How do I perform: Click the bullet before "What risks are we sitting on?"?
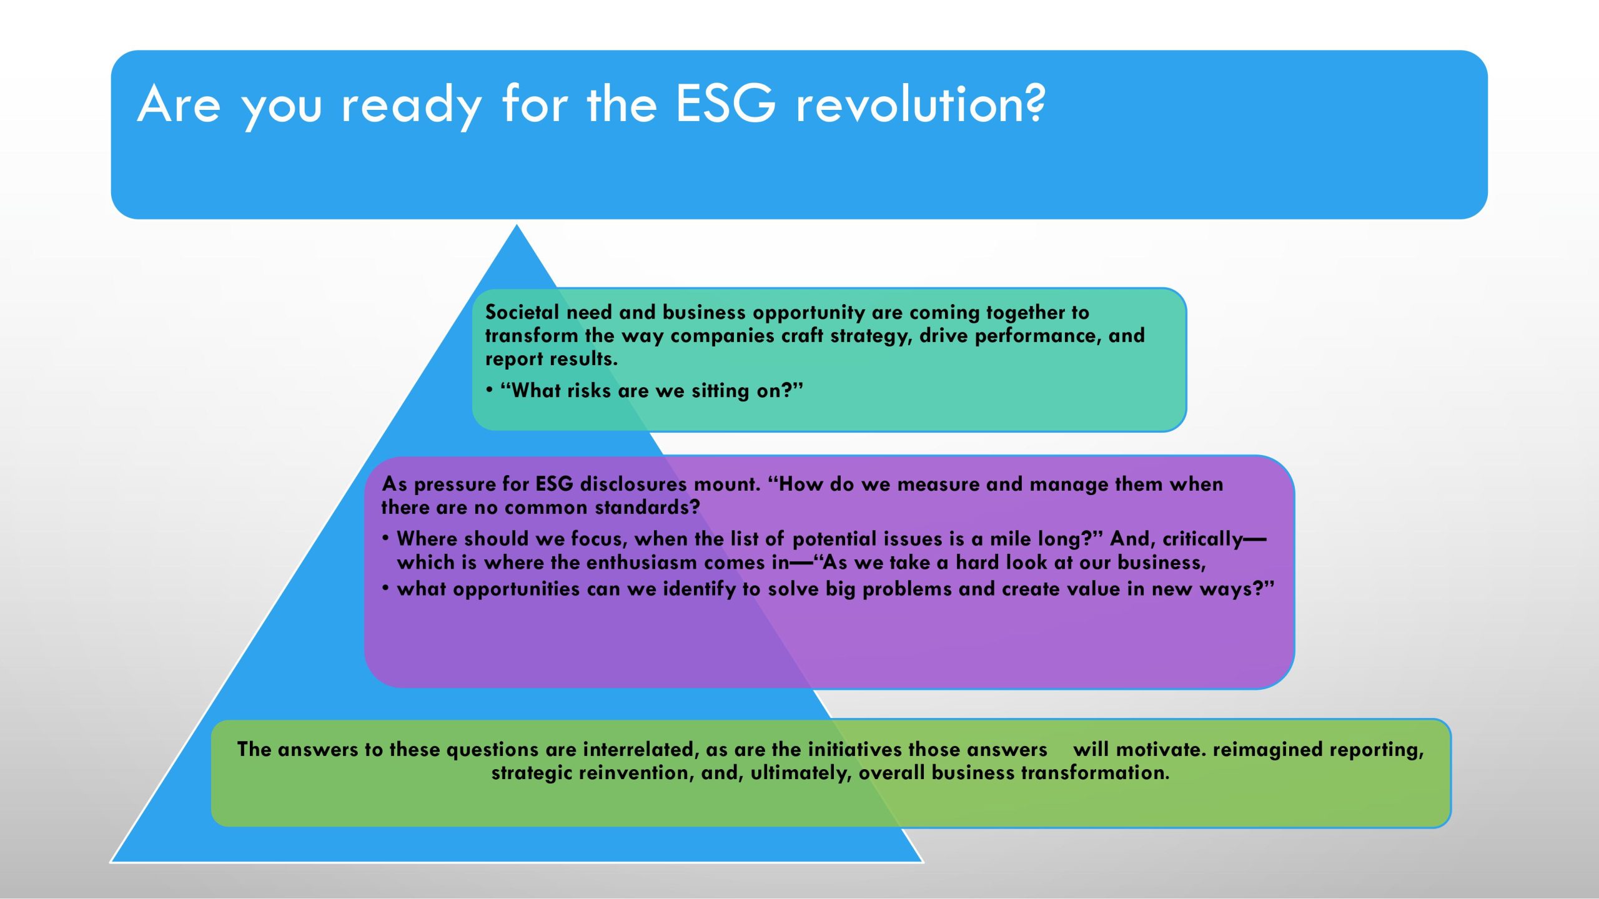490,390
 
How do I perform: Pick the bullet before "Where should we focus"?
386,538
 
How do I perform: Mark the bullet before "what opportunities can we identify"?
386,588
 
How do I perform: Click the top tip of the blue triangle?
517,225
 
